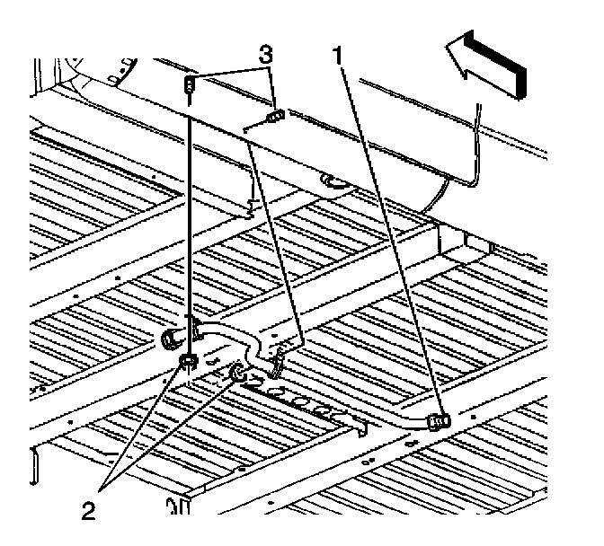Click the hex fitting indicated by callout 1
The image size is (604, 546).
point(439,419)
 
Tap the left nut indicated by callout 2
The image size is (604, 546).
point(188,361)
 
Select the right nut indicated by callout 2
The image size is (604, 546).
point(238,372)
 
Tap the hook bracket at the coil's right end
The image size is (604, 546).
point(361,423)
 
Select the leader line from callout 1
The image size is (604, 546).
point(386,233)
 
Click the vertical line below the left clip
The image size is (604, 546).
point(190,225)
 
